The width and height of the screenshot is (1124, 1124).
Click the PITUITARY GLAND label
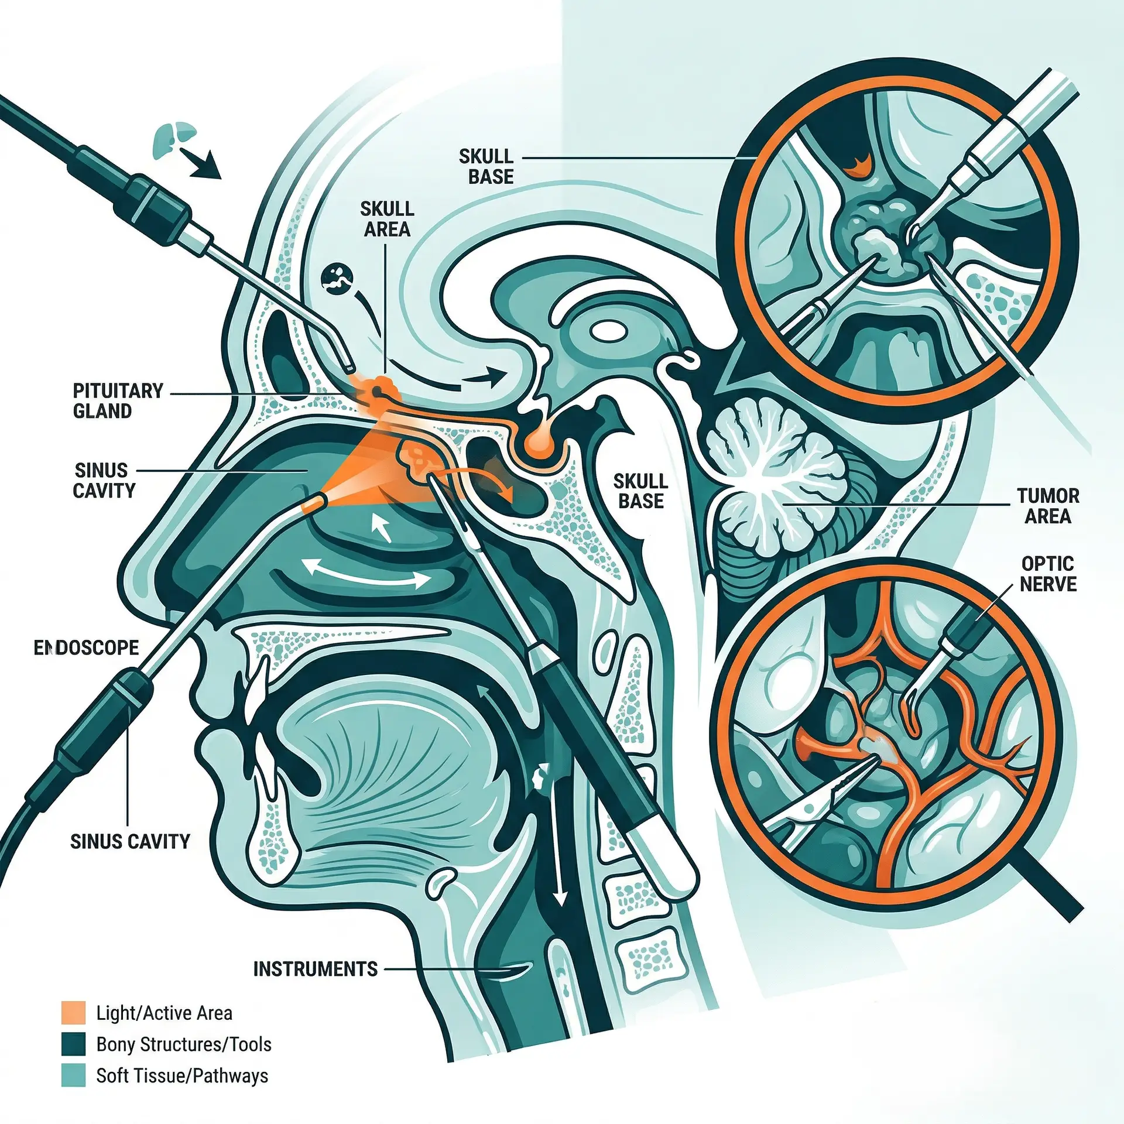(x=118, y=401)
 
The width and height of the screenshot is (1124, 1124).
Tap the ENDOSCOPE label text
(x=87, y=647)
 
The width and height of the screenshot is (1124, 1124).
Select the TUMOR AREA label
(x=1047, y=506)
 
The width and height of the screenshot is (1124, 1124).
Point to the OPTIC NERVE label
(x=1047, y=574)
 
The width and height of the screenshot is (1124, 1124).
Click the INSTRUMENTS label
(x=315, y=969)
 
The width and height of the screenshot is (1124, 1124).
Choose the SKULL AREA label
(x=386, y=219)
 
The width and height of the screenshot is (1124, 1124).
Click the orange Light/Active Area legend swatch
(x=73, y=1013)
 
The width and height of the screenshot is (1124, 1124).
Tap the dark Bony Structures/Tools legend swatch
(x=73, y=1044)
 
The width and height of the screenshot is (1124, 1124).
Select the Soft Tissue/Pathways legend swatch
(x=73, y=1075)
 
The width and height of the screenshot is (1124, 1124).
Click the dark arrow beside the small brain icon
(x=200, y=163)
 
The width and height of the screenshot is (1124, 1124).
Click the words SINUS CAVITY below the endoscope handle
(x=130, y=841)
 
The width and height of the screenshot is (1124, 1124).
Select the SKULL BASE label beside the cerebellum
(x=640, y=491)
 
